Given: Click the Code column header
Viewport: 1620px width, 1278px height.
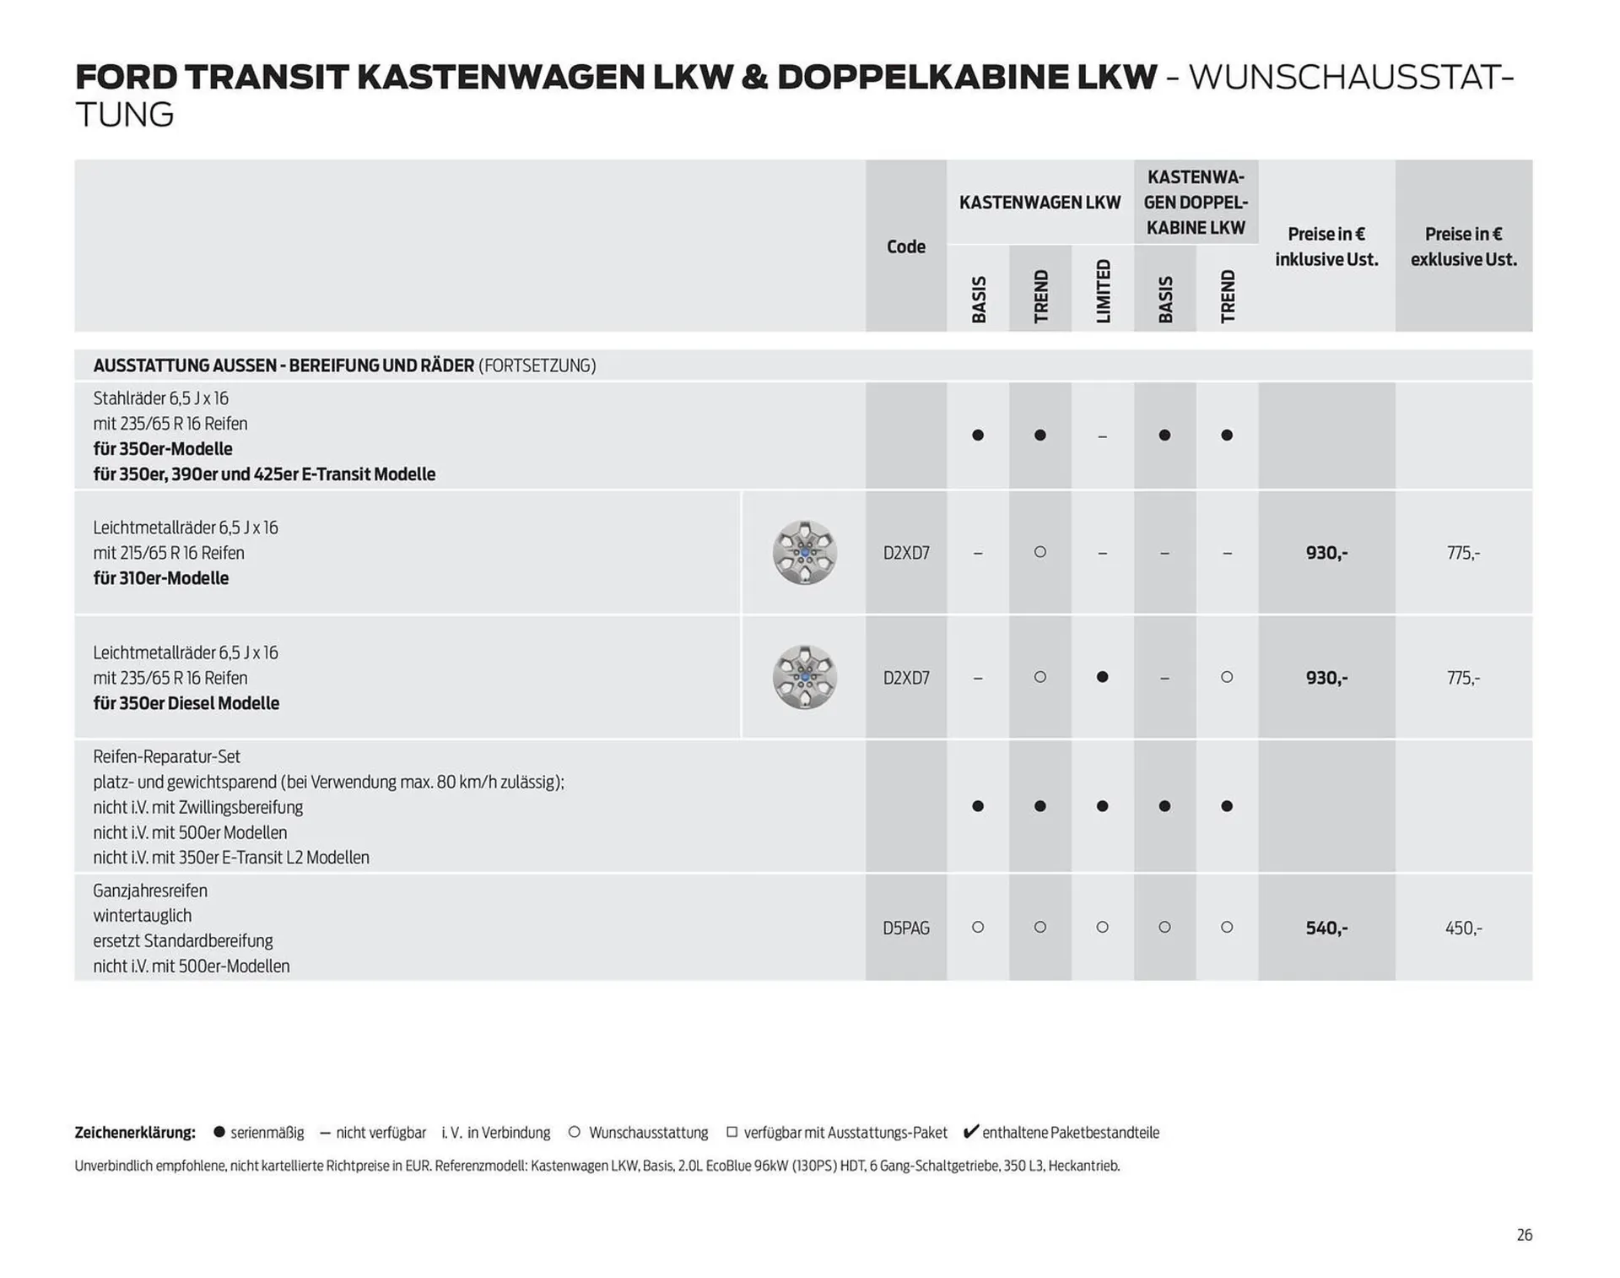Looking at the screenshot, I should pyautogui.click(x=905, y=246).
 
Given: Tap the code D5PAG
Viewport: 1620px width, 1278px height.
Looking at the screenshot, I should pyautogui.click(x=905, y=928).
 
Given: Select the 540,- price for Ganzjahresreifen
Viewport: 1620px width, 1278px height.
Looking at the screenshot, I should pyautogui.click(x=1326, y=928).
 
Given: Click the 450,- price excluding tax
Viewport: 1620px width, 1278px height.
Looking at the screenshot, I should pyautogui.click(x=1463, y=928).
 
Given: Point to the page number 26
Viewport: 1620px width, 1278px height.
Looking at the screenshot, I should pyautogui.click(x=1524, y=1235).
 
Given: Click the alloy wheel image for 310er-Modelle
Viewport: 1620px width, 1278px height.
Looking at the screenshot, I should pyautogui.click(x=805, y=553).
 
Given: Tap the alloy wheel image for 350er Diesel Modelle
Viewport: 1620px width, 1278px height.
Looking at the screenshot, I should pyautogui.click(x=805, y=677).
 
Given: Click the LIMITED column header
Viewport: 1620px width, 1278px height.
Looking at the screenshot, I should pyautogui.click(x=1103, y=290).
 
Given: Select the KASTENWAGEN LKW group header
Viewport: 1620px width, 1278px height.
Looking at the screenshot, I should pyautogui.click(x=1039, y=203).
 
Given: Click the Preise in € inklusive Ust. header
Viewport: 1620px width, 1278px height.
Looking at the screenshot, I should pyautogui.click(x=1326, y=246).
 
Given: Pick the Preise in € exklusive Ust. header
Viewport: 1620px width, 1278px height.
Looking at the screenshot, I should pyautogui.click(x=1463, y=246).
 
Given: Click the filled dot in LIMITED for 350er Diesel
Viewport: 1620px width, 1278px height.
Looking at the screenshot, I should pyautogui.click(x=1102, y=677).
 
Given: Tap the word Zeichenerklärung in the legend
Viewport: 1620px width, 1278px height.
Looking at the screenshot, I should pyautogui.click(x=135, y=1133).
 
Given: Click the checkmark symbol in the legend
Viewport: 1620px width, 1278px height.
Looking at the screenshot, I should pyautogui.click(x=971, y=1131).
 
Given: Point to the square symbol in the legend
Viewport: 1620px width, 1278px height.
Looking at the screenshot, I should pyautogui.click(x=732, y=1132).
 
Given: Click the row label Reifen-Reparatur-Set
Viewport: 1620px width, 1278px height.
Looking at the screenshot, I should pyautogui.click(x=166, y=757).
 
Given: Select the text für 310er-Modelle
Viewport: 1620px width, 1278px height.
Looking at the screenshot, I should pyautogui.click(x=161, y=578).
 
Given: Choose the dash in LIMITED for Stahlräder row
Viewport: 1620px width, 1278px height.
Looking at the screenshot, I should pyautogui.click(x=1102, y=436).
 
